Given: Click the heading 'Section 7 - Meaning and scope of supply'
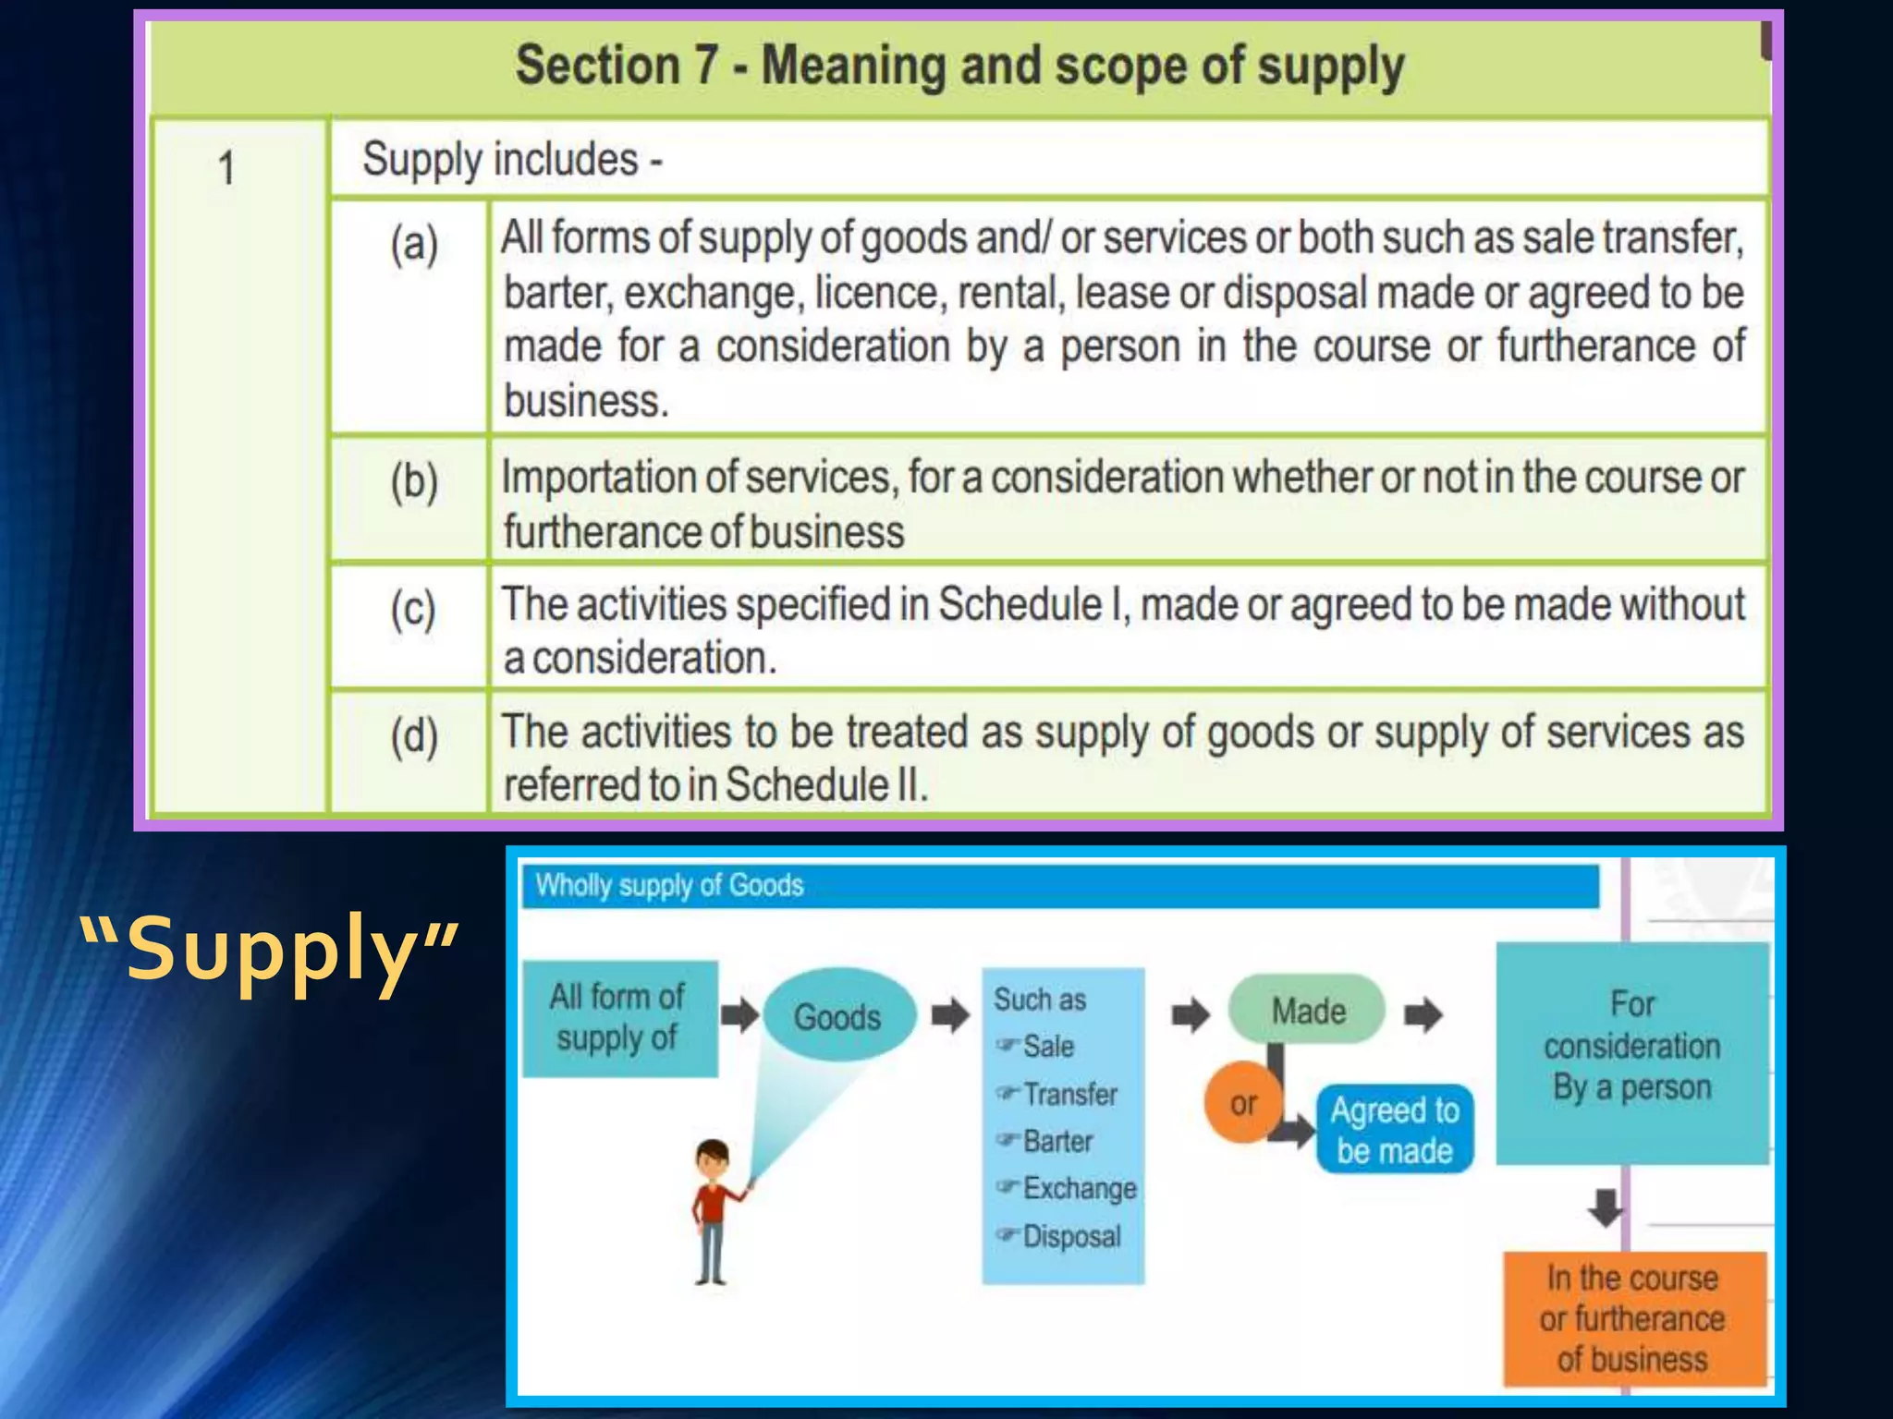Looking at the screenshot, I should tap(959, 67).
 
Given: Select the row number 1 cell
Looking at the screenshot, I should tap(226, 168).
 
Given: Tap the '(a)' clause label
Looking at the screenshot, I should tap(413, 245).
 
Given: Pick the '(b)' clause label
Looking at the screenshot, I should tap(413, 482).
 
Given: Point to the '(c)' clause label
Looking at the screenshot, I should tap(413, 610).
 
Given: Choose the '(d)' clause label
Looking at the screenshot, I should tap(413, 737).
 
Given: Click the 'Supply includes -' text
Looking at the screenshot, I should tap(512, 159).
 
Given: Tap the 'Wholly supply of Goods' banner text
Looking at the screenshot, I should tap(669, 885).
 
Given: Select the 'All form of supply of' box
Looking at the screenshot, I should tap(619, 1018).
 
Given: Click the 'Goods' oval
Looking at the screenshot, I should tap(838, 1016).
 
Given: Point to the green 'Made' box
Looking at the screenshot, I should tap(1307, 1010).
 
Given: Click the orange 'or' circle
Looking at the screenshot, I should tap(1242, 1102).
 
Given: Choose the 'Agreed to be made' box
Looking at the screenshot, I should tap(1394, 1129).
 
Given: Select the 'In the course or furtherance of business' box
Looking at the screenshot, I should tap(1632, 1318).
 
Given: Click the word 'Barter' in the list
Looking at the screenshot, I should tap(1057, 1142).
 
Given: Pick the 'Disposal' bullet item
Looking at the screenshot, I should tap(1071, 1236).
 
